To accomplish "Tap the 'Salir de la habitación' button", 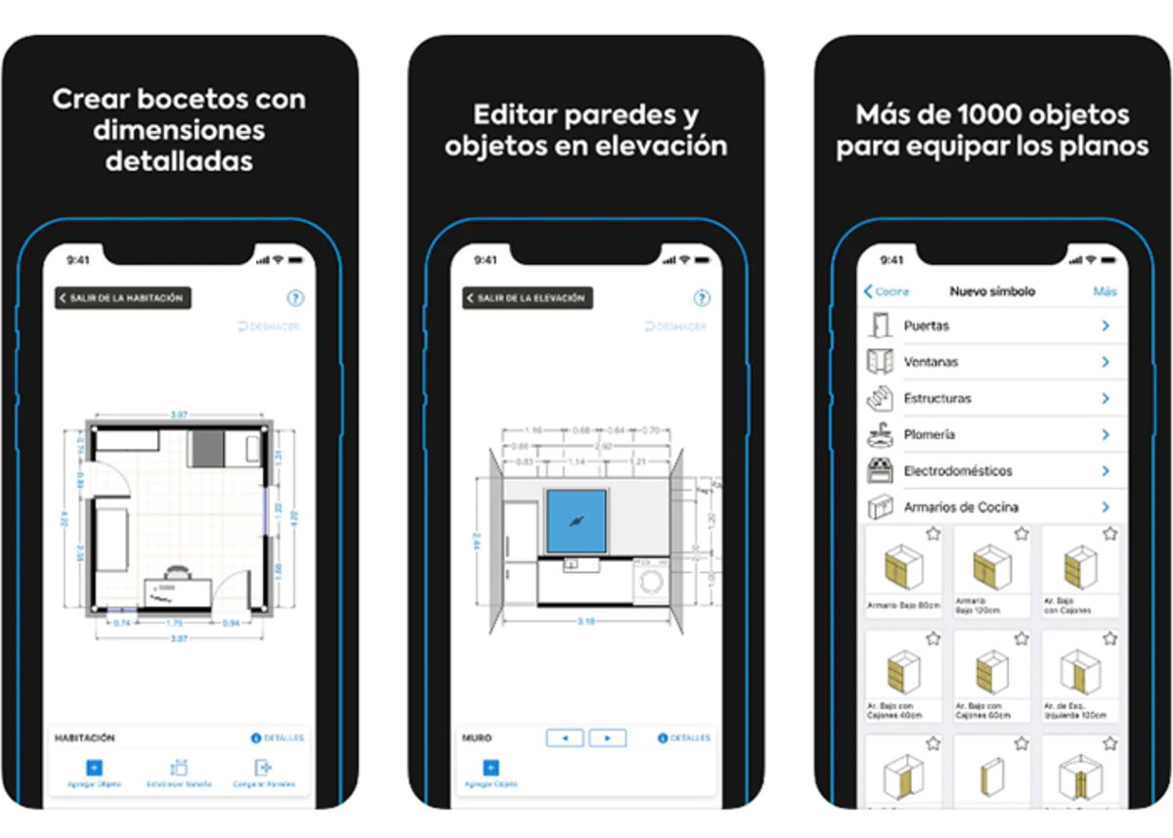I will click(x=122, y=298).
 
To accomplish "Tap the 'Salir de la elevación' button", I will click(x=528, y=298).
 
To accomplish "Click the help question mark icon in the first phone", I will click(x=295, y=299).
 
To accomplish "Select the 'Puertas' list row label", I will click(x=926, y=326).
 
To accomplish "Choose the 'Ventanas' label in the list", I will click(x=931, y=362).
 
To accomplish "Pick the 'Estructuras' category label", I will click(x=937, y=398).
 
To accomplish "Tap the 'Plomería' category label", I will click(x=929, y=434).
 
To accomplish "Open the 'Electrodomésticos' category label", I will click(x=958, y=470).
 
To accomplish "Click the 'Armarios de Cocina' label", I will click(x=961, y=507).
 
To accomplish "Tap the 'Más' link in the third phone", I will click(x=1105, y=291).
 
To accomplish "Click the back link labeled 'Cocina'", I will click(x=887, y=291).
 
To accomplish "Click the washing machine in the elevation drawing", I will click(x=651, y=584).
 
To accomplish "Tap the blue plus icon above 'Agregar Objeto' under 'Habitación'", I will click(x=95, y=768).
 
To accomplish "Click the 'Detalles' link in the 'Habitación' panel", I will click(x=278, y=738).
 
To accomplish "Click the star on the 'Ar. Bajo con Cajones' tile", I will click(x=1109, y=534).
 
